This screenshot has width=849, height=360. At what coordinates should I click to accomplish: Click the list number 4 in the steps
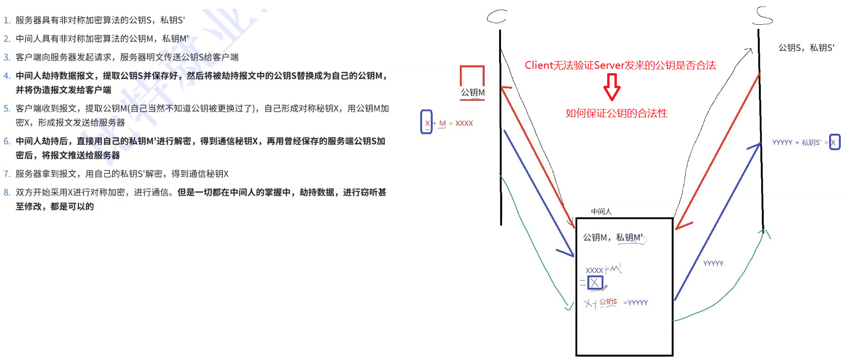coord(7,76)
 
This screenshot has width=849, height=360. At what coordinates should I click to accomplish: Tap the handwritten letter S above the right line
coord(763,16)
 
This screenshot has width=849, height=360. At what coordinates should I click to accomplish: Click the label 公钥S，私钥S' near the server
coord(806,48)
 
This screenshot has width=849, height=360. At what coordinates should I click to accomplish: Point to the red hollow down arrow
coord(612,87)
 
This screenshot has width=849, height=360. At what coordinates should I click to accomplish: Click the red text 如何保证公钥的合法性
coord(616,113)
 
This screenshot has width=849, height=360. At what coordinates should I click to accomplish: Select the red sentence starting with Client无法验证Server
coord(620,65)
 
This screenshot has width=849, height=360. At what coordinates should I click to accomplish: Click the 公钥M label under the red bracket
coord(472,93)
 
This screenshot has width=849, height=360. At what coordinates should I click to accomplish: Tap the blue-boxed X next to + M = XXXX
coord(426,123)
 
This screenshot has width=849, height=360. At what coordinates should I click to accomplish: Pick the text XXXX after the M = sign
coord(464,124)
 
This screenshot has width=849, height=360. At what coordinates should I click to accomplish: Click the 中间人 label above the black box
coord(601,211)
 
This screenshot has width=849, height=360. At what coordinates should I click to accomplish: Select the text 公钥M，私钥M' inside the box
coord(613,237)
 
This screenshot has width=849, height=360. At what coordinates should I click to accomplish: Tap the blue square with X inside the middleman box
coord(595,282)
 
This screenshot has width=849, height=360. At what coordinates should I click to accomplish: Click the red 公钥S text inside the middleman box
coord(608,302)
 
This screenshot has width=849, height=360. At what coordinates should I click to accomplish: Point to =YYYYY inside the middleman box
coord(635,303)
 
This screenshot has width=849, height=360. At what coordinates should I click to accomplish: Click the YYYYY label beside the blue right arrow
coord(713,264)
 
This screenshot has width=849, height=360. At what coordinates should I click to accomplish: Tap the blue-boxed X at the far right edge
coord(834,142)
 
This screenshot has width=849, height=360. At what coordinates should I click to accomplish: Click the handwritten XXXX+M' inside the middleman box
coord(603,269)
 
